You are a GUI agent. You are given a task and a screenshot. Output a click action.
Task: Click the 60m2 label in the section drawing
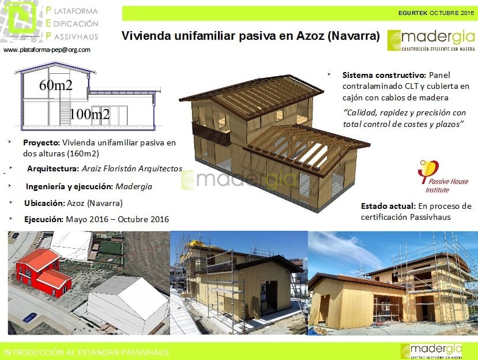pyautogui.click(x=55, y=85)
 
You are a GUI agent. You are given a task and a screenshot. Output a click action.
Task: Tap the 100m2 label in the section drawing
pyautogui.click(x=89, y=114)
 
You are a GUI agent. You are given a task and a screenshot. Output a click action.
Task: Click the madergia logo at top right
pyautogui.click(x=431, y=40)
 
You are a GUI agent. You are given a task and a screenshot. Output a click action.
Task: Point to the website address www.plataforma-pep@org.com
pyautogui.click(x=47, y=50)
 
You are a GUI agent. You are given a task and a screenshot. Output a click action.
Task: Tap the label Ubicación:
pyautogui.click(x=44, y=203)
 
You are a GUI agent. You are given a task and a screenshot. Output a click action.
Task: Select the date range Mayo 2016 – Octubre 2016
pyautogui.click(x=117, y=219)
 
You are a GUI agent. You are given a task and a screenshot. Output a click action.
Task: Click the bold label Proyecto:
pyautogui.click(x=41, y=142)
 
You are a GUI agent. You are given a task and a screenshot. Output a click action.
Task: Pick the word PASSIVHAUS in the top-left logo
pyautogui.click(x=75, y=36)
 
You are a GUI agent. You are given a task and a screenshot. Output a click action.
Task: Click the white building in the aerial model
pyautogui.click(x=130, y=298)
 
